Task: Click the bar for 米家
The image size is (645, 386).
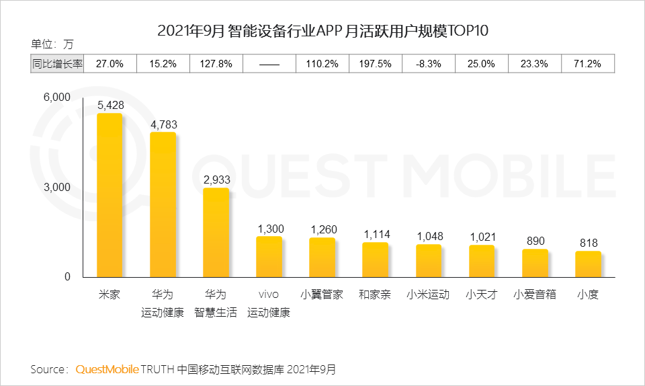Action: click(110, 195)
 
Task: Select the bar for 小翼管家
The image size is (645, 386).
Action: click(322, 257)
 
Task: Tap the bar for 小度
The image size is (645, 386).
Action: click(588, 264)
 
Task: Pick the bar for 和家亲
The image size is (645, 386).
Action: click(376, 260)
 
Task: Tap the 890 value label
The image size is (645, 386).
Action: click(535, 241)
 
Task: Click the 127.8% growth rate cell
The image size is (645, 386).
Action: click(216, 64)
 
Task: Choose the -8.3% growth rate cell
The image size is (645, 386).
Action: click(429, 64)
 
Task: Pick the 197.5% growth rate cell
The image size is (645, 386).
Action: click(376, 64)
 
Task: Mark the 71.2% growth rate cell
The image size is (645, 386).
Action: click(588, 64)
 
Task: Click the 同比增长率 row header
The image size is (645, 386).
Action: click(58, 64)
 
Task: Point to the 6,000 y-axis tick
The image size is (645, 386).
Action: click(57, 98)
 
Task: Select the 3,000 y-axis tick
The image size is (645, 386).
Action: click(57, 188)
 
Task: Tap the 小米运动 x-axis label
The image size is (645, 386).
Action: click(429, 295)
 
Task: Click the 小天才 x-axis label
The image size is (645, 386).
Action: click(482, 295)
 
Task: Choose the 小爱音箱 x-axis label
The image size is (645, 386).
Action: click(535, 295)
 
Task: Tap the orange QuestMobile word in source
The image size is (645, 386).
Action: click(107, 369)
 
